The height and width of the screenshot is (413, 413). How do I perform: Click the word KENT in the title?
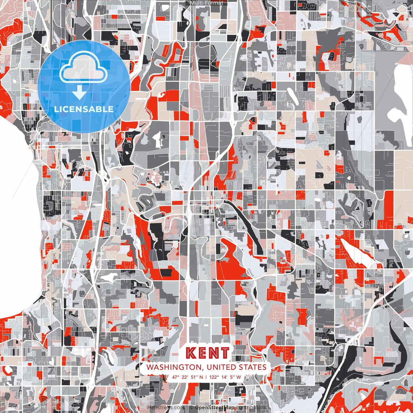tap(208, 353)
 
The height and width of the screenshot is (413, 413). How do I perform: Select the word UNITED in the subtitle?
tap(222, 367)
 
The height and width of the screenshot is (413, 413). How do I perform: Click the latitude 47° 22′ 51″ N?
tap(187, 377)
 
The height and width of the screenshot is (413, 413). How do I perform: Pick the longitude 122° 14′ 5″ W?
tap(225, 377)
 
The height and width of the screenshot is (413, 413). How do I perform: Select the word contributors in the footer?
tap(251, 408)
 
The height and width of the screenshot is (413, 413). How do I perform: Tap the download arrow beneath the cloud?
tap(79, 93)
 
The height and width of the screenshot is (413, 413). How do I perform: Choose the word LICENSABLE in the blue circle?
tap(84, 109)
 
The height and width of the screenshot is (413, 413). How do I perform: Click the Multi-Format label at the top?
tap(206, 3)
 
